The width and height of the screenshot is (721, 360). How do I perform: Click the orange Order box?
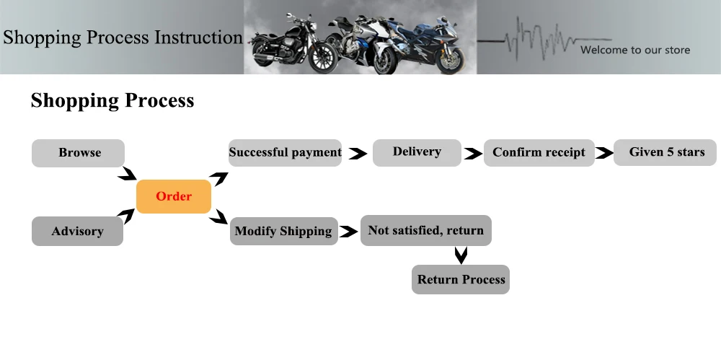174,196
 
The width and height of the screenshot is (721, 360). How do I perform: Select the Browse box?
78,153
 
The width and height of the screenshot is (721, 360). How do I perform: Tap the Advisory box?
77,231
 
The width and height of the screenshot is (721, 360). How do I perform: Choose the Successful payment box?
285,152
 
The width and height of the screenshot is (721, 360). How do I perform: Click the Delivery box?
417,152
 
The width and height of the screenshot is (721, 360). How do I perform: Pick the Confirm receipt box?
539,152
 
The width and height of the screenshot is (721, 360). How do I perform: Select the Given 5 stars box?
665,152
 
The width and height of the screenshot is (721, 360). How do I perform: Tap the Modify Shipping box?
283,231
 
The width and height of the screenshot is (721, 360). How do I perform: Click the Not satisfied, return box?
426,231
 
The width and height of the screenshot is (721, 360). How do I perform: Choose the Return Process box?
461,279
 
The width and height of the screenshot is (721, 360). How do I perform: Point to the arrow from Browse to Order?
128,174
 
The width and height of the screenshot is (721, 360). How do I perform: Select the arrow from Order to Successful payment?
219,178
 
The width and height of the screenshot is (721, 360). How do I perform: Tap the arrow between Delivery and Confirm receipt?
473,153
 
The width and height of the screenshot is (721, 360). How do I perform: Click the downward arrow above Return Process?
461,255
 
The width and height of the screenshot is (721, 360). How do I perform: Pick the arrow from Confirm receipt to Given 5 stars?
604,153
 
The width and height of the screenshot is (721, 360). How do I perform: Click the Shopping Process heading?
112,101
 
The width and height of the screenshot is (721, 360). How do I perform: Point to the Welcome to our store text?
635,51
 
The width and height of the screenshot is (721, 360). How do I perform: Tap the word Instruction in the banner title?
198,38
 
